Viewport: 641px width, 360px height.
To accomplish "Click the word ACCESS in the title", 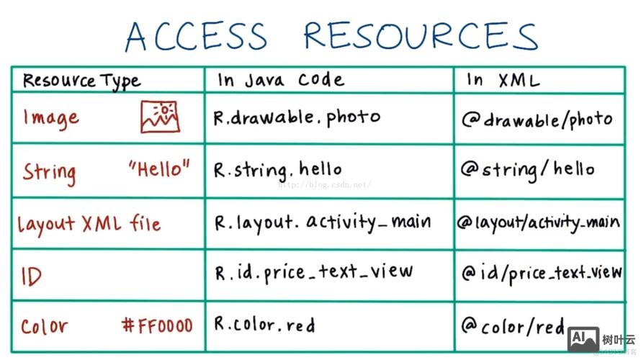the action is pos(196,36).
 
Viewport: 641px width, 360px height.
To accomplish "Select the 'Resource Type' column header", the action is pos(82,81).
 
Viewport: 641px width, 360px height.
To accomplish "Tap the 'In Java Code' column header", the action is pos(281,80).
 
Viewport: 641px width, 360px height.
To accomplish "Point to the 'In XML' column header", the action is pos(503,80).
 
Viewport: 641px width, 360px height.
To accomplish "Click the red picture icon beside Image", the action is pos(160,117).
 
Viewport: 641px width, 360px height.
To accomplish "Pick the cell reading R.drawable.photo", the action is pos(297,118).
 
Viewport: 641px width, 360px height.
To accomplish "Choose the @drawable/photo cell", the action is pos(537,120).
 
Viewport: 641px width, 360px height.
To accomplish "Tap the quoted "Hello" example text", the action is pos(159,168).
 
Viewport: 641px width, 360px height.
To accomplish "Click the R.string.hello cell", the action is pos(277,171).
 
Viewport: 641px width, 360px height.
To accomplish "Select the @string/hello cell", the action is pos(528,170).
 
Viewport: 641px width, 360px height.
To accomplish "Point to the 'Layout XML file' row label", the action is pos(89,225).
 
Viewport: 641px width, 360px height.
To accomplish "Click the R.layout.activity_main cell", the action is pos(323,223).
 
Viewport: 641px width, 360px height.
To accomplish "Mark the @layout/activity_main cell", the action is pos(539,222).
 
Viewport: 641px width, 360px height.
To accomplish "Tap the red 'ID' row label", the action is pos(32,276).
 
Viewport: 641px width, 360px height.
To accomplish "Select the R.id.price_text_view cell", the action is pos(314,273).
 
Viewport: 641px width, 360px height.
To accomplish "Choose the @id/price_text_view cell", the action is pos(542,274).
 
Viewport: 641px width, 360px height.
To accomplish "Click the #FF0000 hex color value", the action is pos(158,325).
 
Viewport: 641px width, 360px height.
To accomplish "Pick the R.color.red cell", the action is pos(265,325).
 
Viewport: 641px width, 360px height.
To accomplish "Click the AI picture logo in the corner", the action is pos(583,340).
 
